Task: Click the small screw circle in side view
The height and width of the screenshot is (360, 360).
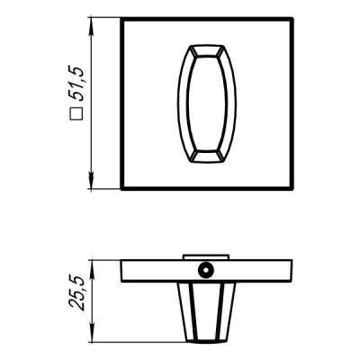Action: point(207,269)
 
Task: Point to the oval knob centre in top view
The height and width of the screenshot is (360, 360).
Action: point(208,103)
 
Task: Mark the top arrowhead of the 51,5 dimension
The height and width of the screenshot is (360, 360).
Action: point(93,20)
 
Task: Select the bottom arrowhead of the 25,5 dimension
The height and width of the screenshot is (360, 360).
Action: point(93,339)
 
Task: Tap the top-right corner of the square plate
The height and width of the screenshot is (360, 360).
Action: point(292,19)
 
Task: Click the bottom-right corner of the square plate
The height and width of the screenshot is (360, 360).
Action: point(292,187)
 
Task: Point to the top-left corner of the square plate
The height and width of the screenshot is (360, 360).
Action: point(122,19)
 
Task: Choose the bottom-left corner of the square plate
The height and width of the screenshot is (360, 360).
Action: point(122,187)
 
